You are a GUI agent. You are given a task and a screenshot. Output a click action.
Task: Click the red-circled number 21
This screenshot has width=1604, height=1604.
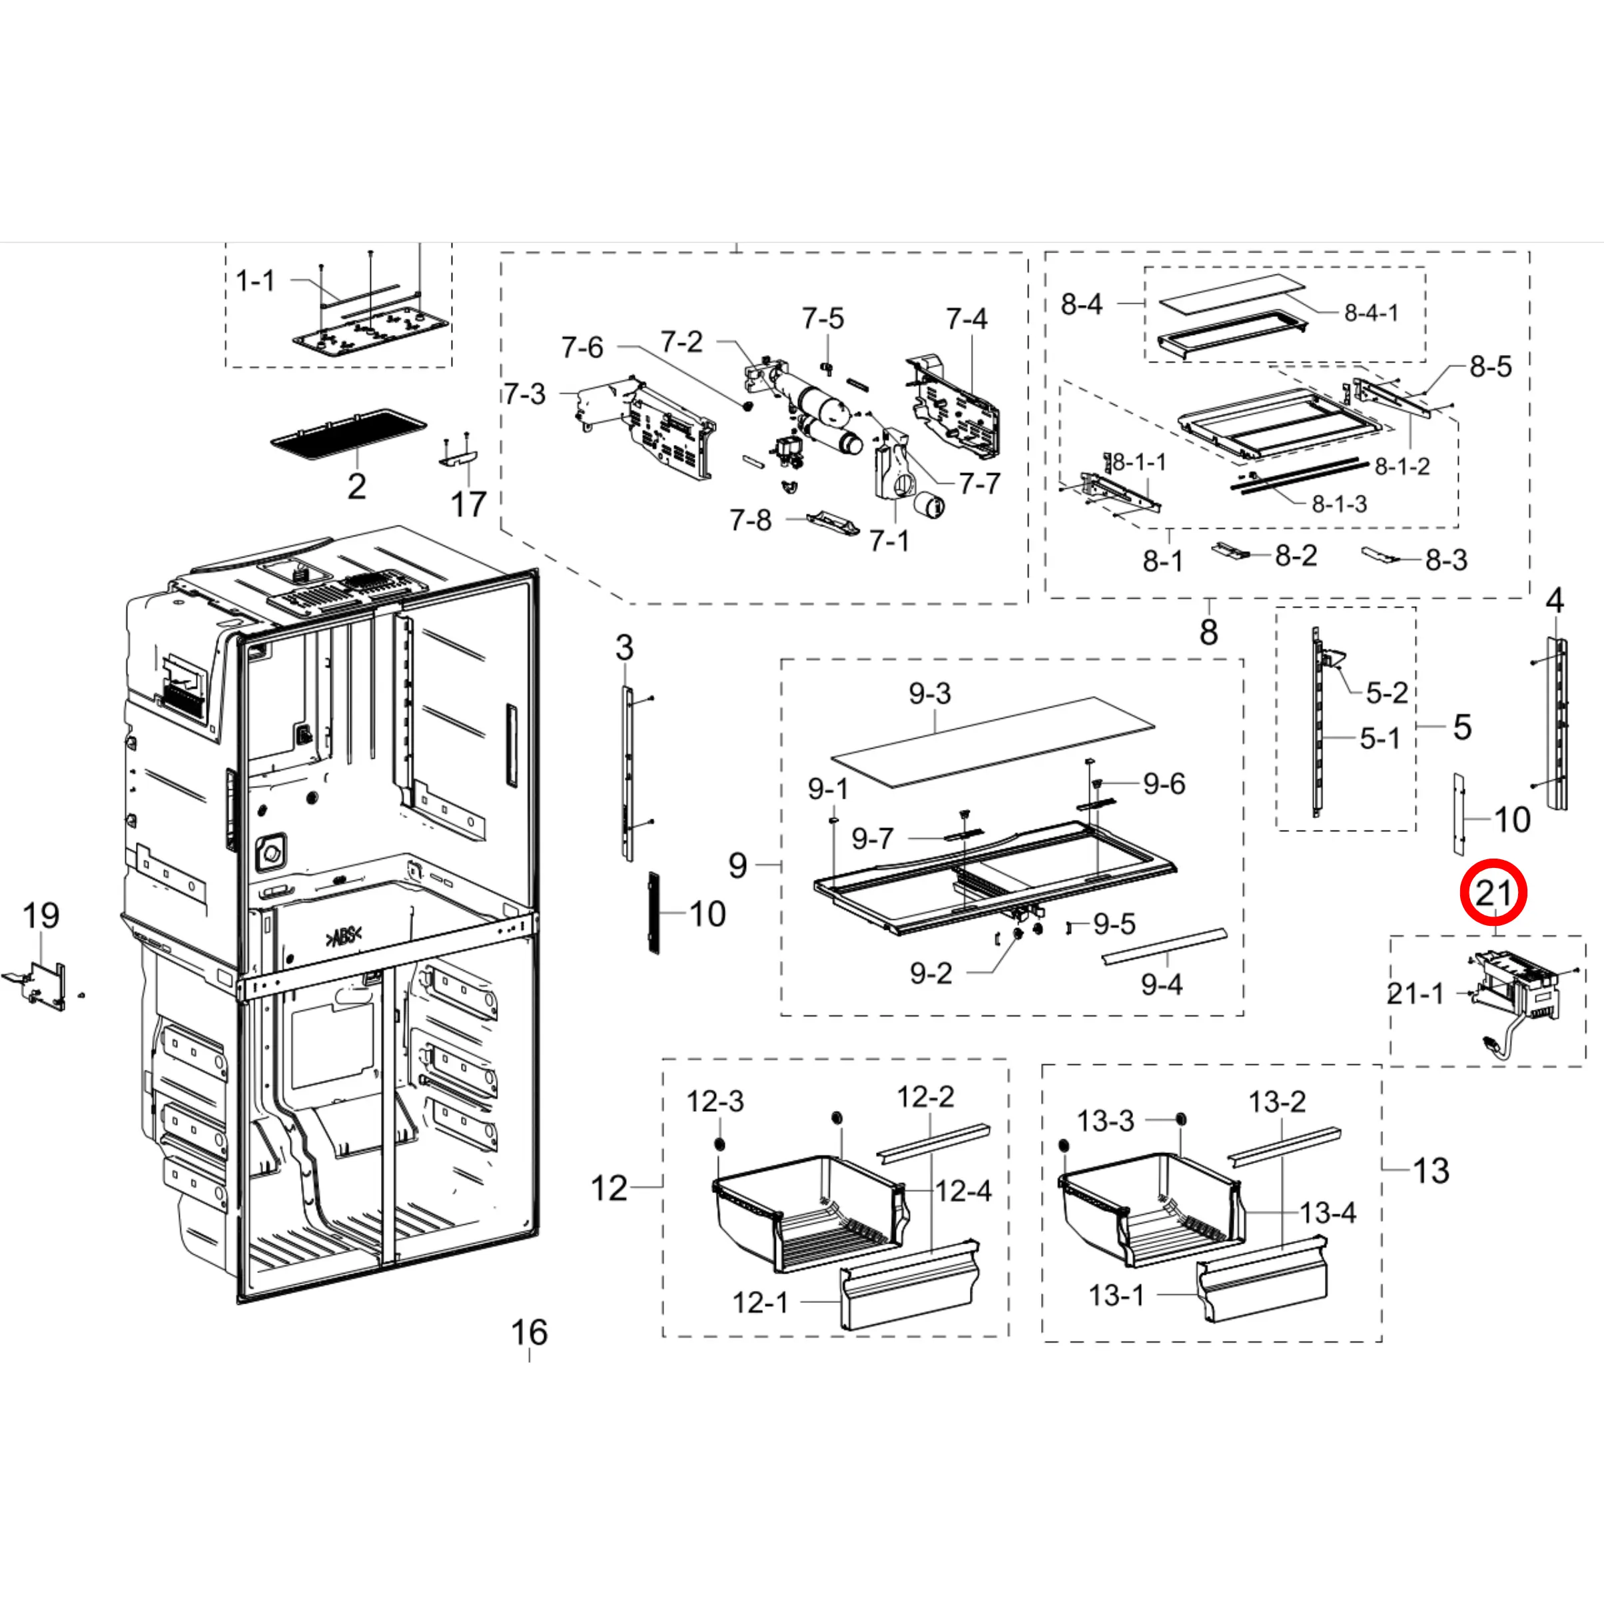coord(1493,893)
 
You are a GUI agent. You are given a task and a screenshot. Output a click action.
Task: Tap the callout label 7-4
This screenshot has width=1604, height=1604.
coord(967,319)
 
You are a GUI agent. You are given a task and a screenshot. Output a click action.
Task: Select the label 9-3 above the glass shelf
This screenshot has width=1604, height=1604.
coord(929,693)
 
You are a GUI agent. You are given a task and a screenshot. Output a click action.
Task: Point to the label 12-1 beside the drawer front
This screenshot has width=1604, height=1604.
coord(759,1302)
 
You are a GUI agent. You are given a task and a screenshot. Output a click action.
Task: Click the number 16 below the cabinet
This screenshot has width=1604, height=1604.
coord(529,1332)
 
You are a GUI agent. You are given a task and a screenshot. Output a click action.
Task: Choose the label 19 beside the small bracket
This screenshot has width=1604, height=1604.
coord(41,916)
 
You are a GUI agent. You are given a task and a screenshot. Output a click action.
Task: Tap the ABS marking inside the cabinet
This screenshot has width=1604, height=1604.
coord(344,937)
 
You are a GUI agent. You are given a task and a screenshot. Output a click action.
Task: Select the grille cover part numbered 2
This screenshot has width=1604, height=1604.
coord(348,434)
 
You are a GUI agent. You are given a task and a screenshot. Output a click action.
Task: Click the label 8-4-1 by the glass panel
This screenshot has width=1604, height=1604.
coord(1371,313)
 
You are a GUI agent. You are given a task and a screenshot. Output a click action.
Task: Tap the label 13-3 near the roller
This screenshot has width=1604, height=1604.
coord(1105,1122)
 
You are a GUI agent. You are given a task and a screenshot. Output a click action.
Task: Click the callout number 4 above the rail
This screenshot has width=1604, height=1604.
coord(1554,600)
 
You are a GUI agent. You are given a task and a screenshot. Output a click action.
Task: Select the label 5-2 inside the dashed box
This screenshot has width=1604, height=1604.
coord(1386,692)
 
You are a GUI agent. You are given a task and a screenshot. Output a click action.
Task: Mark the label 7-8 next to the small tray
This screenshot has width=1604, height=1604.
coord(749,520)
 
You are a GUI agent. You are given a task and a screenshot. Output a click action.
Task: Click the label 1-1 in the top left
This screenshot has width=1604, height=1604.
coord(255,280)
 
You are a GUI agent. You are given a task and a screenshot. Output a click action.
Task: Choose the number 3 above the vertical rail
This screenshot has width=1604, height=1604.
coord(624,648)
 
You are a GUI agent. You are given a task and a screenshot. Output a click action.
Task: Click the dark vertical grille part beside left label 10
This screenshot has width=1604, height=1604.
coord(653,913)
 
